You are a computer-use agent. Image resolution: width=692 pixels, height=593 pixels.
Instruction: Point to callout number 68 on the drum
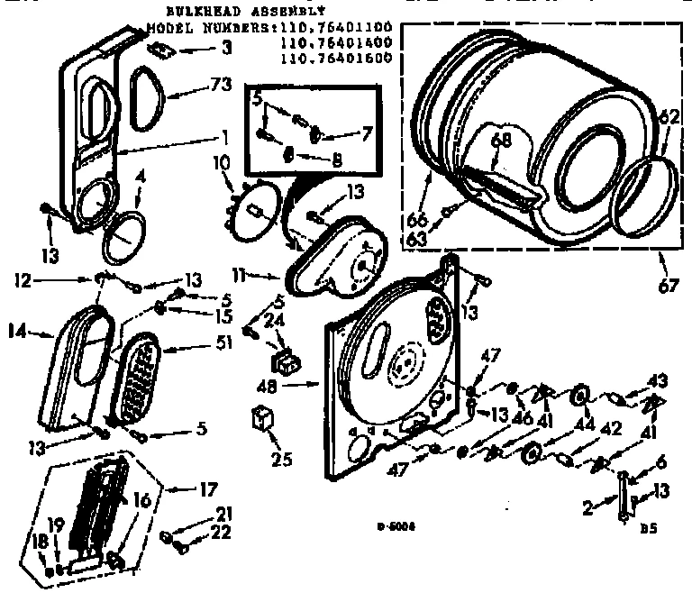(500, 140)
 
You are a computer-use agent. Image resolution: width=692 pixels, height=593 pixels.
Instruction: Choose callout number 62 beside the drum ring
(667, 117)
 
